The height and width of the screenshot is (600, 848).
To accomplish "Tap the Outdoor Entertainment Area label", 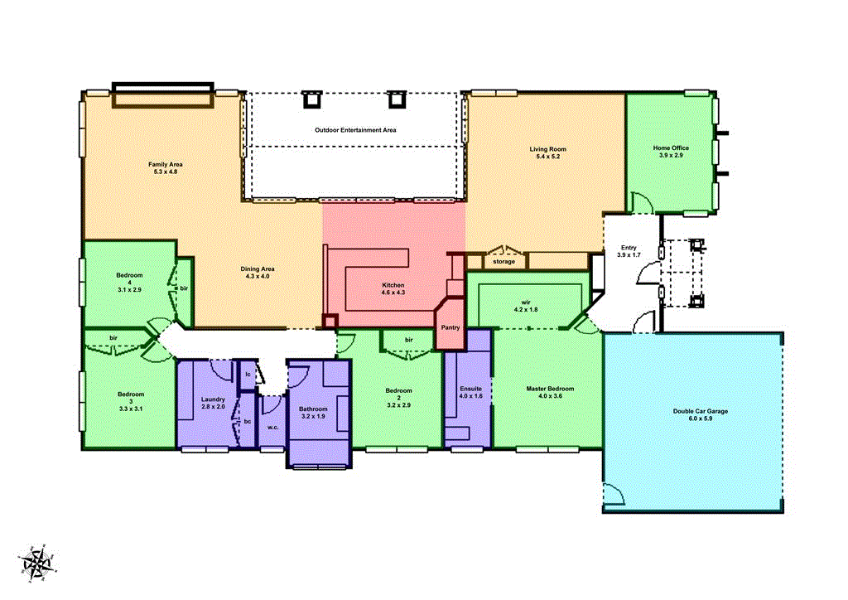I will [x=355, y=130].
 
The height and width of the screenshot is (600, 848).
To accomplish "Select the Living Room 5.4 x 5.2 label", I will [x=547, y=152].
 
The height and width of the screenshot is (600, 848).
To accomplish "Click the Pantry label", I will [x=450, y=327].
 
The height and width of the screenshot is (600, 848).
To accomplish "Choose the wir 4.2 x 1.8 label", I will [x=526, y=305].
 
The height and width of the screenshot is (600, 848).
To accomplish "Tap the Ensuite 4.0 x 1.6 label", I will [x=470, y=392].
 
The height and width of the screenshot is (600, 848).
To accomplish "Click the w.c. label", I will [x=272, y=428].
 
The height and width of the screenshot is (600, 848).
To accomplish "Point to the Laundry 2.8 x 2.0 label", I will [x=213, y=404].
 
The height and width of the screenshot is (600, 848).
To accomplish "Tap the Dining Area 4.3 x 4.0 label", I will [x=258, y=273].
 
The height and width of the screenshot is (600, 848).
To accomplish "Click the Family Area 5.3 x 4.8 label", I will [x=165, y=168].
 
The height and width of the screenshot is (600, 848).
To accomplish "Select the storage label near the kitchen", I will [x=503, y=262].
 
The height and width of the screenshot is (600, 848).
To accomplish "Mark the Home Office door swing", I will [x=641, y=201].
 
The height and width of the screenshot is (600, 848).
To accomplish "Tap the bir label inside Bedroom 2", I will [x=409, y=340].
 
